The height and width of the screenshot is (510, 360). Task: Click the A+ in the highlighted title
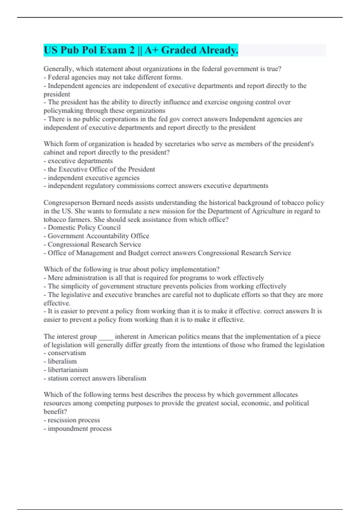151,50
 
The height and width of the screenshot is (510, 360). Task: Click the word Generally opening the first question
58,69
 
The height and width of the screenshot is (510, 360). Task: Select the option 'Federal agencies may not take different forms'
115,77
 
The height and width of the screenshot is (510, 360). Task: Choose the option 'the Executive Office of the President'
101,169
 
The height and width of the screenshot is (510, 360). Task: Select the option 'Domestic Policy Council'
84,227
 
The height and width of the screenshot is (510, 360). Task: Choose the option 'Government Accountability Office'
98,236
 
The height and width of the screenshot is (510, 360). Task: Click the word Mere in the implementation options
56,278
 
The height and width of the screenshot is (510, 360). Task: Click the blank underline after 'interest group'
106,337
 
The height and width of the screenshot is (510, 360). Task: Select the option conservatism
67,353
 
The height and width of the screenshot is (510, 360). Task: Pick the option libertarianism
68,370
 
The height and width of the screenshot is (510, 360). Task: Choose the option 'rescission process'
74,420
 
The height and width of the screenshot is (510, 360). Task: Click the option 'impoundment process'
79,429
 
